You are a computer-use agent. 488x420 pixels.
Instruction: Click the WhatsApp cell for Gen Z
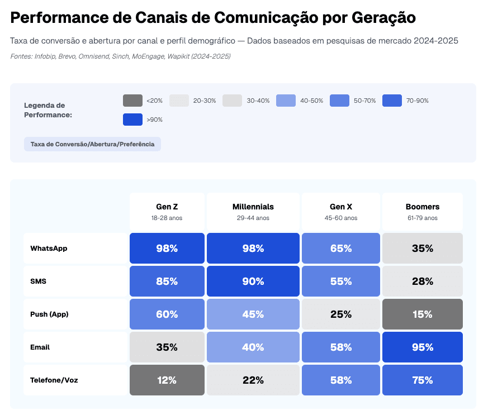(167, 249)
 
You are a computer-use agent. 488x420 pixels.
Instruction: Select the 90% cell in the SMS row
(253, 281)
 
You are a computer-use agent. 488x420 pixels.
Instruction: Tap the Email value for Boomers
(422, 347)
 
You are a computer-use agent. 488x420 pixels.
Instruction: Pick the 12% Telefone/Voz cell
(167, 380)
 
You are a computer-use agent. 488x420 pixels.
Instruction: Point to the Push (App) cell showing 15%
(422, 314)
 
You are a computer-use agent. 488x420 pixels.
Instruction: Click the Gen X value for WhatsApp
(340, 249)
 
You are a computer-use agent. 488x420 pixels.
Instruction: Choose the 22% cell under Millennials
(253, 380)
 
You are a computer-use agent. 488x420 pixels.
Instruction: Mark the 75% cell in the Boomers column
(422, 380)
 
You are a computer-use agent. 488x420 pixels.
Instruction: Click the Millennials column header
(253, 211)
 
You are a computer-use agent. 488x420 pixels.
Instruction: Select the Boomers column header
(422, 211)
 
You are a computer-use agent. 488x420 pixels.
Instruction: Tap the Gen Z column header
(167, 211)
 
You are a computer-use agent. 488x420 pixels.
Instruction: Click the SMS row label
(39, 281)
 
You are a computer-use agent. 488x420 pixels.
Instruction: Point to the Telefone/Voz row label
(54, 380)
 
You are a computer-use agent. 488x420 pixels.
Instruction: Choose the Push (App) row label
(49, 314)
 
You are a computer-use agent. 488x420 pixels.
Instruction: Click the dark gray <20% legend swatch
(132, 101)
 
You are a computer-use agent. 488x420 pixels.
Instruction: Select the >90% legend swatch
(132, 120)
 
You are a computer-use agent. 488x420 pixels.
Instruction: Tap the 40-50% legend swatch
(287, 101)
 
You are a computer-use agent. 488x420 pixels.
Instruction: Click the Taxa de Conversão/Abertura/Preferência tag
(92, 144)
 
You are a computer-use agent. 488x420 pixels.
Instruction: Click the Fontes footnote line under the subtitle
(120, 56)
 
